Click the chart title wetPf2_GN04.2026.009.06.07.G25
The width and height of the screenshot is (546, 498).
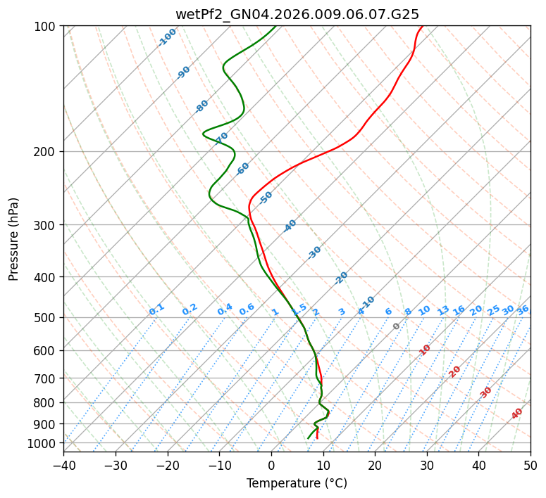point(297,14)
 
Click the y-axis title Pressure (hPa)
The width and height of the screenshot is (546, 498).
point(14,238)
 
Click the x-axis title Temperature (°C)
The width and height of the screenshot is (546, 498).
point(297,483)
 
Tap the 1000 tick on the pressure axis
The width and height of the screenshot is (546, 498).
point(44,443)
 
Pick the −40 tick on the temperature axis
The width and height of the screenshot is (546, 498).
point(63,465)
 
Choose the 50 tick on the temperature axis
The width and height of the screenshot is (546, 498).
point(531,465)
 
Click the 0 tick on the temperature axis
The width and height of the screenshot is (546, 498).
point(271,465)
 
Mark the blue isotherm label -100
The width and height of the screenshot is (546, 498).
point(167,37)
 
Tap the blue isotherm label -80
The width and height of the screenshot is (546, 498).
point(202,106)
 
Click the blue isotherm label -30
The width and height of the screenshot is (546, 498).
point(314,252)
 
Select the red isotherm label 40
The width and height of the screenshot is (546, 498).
point(517,414)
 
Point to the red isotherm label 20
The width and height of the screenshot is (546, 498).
point(455,371)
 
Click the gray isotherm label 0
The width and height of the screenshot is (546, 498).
point(397,326)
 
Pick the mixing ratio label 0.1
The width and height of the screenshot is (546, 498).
point(156,309)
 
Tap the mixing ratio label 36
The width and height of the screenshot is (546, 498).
point(523,309)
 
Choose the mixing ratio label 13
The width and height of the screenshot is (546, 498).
point(443,310)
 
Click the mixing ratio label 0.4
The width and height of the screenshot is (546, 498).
point(225,309)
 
